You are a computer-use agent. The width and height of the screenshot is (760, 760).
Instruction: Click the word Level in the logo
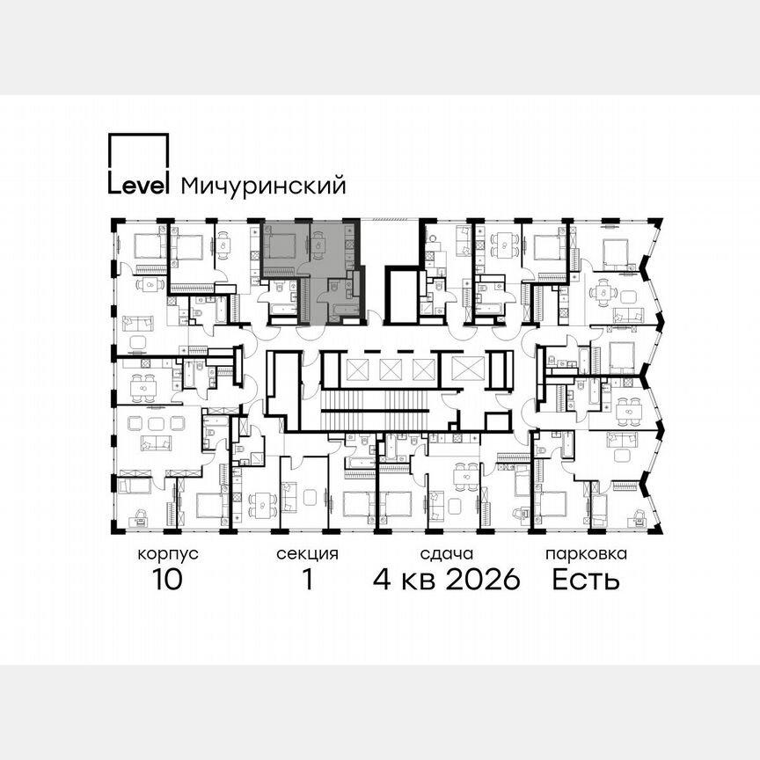coord(138,185)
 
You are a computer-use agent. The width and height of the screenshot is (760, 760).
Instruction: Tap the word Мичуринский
coord(262,186)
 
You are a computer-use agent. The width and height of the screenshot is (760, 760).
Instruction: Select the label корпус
coord(168,554)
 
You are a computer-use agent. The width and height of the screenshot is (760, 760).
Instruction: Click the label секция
coord(307,554)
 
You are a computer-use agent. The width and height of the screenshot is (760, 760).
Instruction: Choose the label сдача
coord(447,554)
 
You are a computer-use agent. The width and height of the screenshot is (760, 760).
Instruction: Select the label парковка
coord(586,554)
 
